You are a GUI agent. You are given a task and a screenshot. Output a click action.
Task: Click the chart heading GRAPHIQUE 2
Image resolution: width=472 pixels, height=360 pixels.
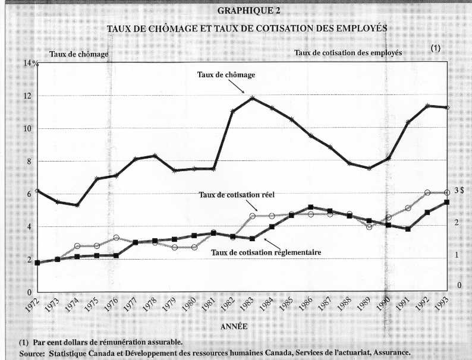[248, 11]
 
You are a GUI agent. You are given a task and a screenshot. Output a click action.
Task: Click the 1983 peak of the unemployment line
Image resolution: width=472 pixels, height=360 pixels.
[252, 98]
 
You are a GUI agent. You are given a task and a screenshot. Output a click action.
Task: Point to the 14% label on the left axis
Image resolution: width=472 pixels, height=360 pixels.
[31, 64]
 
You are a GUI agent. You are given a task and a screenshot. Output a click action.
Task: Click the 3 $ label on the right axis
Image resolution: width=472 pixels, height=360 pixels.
[460, 190]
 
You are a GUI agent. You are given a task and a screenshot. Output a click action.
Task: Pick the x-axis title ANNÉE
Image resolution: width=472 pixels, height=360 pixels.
[234, 327]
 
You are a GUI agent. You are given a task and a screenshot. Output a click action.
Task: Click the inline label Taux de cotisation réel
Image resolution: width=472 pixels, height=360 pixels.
[237, 195]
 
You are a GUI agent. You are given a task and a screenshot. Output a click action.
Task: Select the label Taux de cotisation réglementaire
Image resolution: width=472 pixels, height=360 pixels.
[266, 252]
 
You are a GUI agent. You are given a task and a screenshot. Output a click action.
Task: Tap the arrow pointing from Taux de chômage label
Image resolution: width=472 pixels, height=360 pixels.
[236, 87]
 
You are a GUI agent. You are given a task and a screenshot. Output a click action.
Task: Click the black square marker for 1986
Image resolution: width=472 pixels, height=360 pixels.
[311, 207]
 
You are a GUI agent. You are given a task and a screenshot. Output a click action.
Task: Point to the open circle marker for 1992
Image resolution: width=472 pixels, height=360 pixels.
[427, 192]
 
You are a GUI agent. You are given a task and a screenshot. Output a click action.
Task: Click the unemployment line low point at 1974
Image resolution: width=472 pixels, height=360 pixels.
[77, 206]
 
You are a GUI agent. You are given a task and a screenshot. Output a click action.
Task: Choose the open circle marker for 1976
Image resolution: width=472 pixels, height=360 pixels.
[116, 238]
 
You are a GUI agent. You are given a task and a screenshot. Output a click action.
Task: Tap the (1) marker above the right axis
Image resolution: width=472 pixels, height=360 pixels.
[435, 48]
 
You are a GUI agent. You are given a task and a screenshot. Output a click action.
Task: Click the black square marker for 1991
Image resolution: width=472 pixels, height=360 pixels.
[408, 229]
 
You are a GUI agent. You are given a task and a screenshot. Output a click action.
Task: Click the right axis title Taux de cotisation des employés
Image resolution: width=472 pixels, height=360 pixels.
[348, 53]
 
